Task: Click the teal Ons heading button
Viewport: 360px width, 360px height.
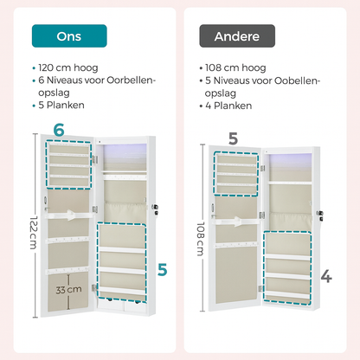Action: click(x=68, y=35)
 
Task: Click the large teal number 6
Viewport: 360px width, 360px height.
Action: click(x=59, y=131)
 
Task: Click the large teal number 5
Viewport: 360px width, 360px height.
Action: click(x=161, y=271)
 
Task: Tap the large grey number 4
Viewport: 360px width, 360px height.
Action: click(x=326, y=277)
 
